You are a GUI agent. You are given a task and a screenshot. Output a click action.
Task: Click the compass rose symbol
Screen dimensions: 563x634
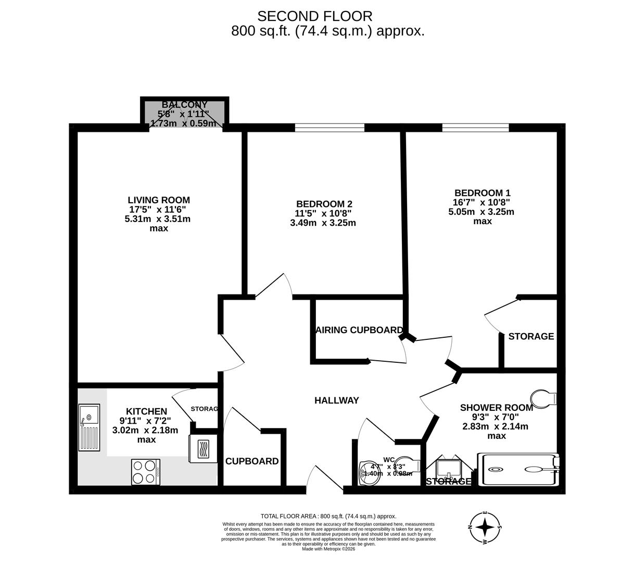485,527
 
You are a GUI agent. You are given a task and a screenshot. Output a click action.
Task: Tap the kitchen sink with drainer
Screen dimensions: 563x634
88,427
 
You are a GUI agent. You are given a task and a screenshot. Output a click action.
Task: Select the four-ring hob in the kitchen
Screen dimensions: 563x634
145,472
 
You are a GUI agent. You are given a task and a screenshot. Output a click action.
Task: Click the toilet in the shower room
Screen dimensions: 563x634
544,399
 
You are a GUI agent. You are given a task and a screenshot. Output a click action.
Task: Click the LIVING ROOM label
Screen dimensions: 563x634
159,200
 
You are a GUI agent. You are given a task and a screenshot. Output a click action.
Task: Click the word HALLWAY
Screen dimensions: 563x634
337,400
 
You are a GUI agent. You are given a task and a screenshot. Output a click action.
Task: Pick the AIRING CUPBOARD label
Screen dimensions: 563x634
359,330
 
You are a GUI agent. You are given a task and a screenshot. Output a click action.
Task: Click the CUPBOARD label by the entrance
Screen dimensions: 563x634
252,461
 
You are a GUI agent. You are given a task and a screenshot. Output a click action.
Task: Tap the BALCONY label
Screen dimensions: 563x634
184,105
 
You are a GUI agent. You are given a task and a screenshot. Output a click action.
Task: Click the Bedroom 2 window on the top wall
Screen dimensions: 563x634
329,127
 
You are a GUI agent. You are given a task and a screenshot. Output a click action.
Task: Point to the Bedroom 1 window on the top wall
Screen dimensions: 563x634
475,127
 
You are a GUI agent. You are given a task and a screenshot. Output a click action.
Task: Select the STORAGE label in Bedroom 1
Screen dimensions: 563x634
531,336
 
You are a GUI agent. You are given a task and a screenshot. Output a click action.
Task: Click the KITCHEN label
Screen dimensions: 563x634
146,411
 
